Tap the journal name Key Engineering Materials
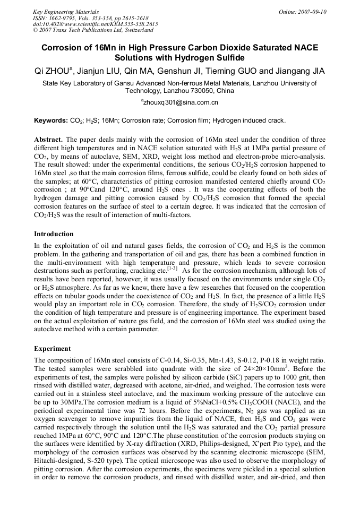point(66,12)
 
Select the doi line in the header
point(95,24)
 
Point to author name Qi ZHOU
point(55,71)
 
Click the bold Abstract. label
point(49,139)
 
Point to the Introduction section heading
point(54,234)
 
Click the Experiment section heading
point(52,349)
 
